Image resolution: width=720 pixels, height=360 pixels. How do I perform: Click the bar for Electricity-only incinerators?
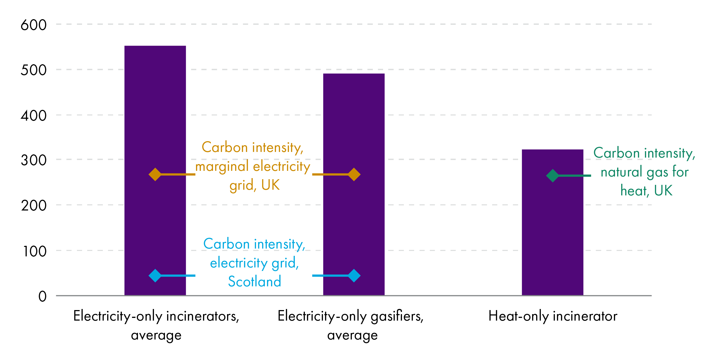point(155,112)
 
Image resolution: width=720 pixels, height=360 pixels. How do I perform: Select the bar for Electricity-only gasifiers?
point(354,126)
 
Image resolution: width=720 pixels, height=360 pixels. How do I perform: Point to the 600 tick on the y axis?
point(33,25)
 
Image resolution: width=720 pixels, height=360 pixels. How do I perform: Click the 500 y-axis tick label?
point(33,70)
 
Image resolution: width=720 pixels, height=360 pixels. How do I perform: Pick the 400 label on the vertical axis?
point(33,116)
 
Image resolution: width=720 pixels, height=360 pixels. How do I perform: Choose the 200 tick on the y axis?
point(33,206)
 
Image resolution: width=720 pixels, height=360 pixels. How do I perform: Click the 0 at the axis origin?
point(42,296)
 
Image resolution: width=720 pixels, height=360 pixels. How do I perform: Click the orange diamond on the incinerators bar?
point(155,174)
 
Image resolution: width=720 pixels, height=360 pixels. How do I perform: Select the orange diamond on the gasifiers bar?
point(354,174)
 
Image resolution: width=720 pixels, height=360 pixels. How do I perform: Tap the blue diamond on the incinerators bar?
point(155,276)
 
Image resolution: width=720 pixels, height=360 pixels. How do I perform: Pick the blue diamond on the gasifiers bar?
point(354,276)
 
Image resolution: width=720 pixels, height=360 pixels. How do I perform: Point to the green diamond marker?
point(552,175)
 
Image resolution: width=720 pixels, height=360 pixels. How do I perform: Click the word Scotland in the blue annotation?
point(254,281)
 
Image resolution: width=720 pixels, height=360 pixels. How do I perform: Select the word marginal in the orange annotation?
point(222,167)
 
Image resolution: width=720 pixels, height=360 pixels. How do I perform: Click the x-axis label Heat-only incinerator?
point(553,316)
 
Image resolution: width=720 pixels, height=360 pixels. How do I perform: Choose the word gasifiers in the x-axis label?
point(397,316)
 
